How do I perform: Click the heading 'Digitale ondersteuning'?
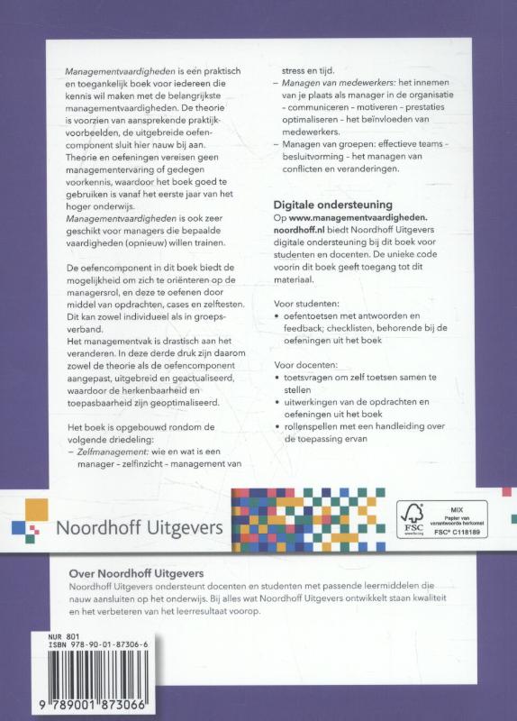(x=335, y=205)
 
